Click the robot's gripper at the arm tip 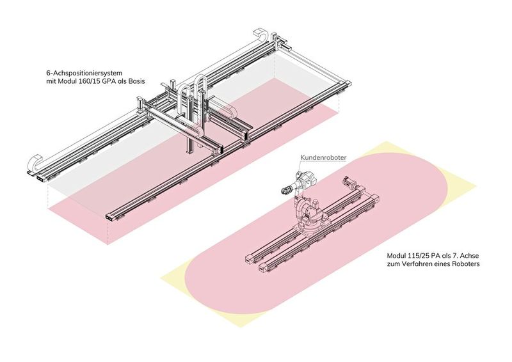pyautogui.click(x=285, y=189)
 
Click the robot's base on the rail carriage pyautogui.click(x=309, y=221)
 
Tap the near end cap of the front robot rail pyautogui.click(x=262, y=268)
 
